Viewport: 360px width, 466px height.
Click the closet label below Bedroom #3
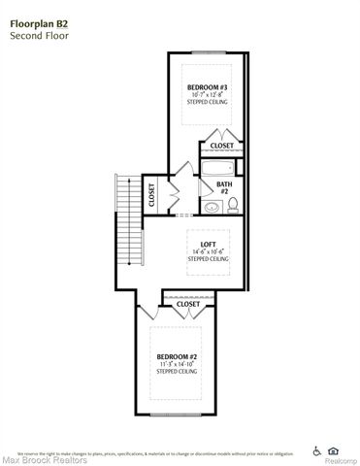tap(221, 147)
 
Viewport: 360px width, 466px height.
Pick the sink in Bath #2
tap(210, 207)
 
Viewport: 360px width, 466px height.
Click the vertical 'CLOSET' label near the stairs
tap(151, 195)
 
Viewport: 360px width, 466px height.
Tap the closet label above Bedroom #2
tap(187, 304)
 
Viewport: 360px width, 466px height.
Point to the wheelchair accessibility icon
tap(317, 449)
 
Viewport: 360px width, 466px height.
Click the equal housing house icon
tap(334, 449)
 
